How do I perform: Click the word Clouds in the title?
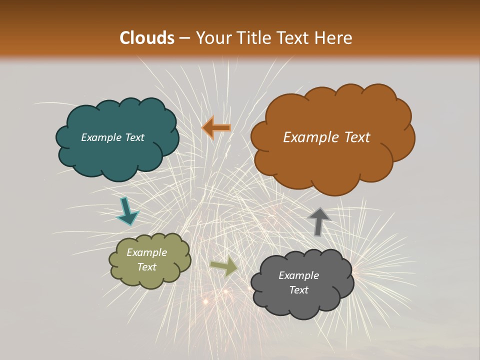[147, 38]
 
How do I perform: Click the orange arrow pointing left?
[216, 128]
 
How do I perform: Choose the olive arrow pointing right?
[224, 267]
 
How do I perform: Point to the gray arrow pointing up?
[318, 221]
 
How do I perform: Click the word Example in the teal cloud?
[101, 137]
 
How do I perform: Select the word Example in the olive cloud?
[147, 252]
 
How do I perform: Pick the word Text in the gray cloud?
[299, 290]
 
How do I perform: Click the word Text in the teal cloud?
[134, 137]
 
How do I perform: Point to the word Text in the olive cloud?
[147, 267]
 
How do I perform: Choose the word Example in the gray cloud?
[299, 275]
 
